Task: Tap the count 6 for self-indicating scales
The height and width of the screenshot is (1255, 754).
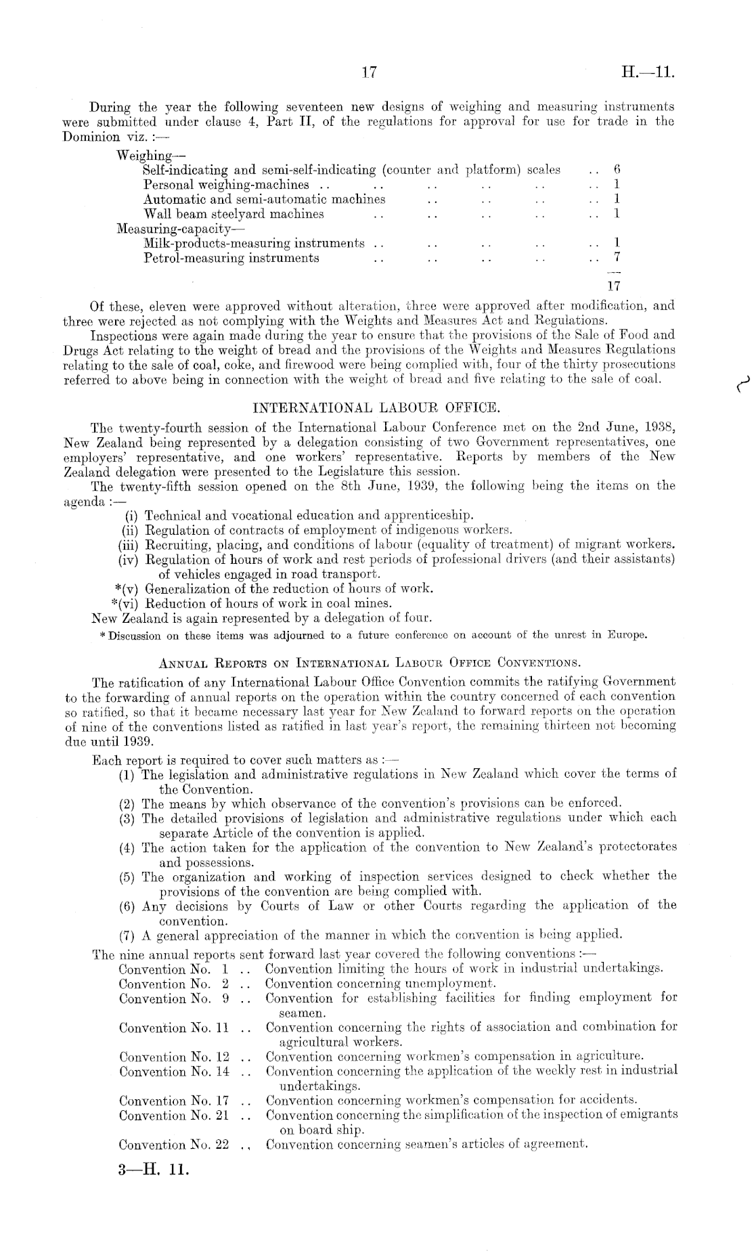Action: (617, 170)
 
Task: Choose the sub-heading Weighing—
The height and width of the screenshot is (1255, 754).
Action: (146, 156)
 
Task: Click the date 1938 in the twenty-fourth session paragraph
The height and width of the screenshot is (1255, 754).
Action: (658, 428)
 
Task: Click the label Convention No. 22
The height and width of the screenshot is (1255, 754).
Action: (174, 1145)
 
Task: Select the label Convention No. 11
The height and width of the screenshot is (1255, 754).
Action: (174, 1028)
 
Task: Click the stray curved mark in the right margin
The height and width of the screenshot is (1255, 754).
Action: (740, 386)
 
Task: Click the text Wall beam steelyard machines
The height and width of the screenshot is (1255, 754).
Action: (234, 214)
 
